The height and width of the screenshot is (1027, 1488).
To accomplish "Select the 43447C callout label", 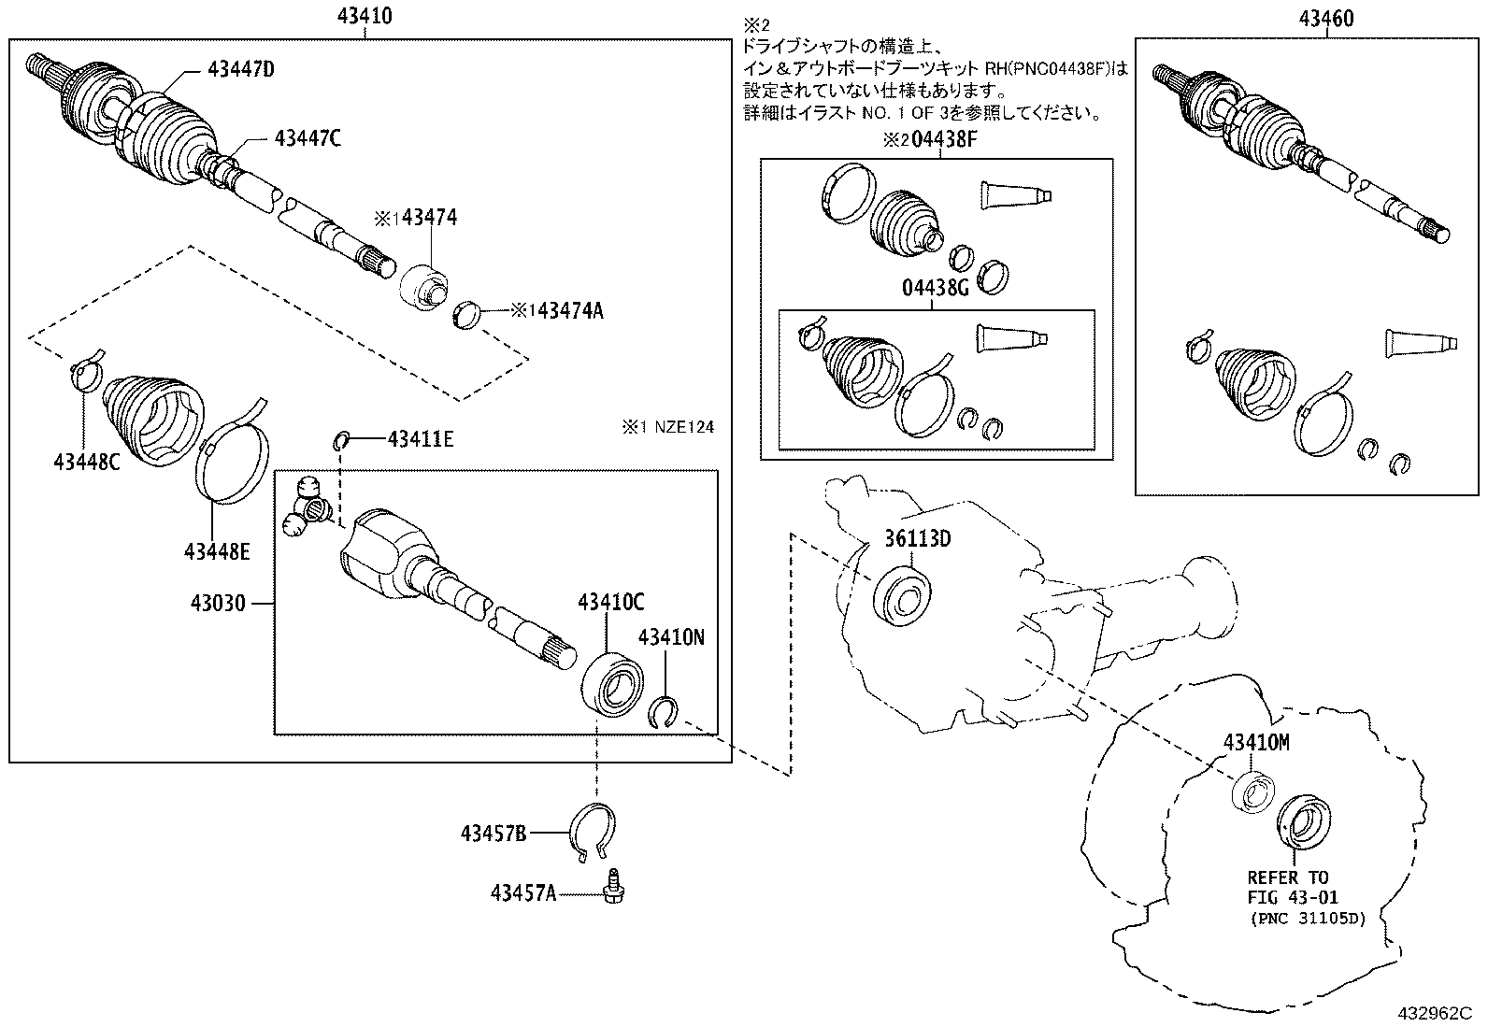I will pyautogui.click(x=307, y=138).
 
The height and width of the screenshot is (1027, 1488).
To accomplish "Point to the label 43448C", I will pyautogui.click(x=86, y=461).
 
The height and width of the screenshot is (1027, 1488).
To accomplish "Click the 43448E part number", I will pyautogui.click(x=216, y=551).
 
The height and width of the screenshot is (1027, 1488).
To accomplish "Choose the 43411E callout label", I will pyautogui.click(x=421, y=438).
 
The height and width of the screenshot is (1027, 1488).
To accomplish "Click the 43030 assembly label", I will pyautogui.click(x=218, y=604).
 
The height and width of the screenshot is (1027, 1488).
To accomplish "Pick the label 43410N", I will pyautogui.click(x=671, y=637).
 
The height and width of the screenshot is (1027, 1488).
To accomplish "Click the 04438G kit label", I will pyautogui.click(x=935, y=289).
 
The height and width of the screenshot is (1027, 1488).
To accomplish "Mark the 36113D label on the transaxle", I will pyautogui.click(x=918, y=539).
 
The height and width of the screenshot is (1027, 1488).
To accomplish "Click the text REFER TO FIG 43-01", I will pyautogui.click(x=1287, y=889).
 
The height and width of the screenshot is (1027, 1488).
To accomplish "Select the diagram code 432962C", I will pyautogui.click(x=1435, y=1013).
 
